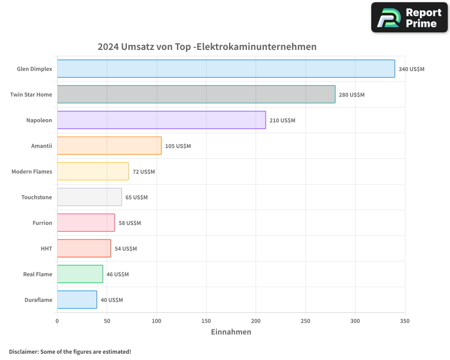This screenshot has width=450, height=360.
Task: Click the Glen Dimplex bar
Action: [226, 69]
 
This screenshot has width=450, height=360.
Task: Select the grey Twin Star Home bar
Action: [196, 94]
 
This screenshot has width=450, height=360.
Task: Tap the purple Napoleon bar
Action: [161, 120]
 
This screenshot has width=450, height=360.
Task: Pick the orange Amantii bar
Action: [109, 146]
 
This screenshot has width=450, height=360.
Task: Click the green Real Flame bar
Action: [80, 274]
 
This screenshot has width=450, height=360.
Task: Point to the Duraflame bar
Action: [77, 300]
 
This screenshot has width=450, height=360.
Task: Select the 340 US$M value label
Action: [411, 69]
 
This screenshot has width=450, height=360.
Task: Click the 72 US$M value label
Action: [144, 172]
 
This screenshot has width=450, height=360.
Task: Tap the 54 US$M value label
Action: [126, 249]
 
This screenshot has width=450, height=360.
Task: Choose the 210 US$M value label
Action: [282, 121]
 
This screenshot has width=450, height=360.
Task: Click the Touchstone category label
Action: [36, 198]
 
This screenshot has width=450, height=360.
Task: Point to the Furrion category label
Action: [42, 223]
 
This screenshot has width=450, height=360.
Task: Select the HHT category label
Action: [46, 249]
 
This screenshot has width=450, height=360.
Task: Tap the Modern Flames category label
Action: [31, 172]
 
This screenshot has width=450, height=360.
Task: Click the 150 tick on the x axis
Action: [206, 321]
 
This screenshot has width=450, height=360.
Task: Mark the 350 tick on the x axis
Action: [405, 321]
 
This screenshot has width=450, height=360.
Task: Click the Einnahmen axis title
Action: [231, 332]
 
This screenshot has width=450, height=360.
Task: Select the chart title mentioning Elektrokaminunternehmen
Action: [207, 47]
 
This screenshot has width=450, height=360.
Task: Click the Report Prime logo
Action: [409, 18]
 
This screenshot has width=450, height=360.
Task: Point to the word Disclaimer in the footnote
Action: [23, 352]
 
